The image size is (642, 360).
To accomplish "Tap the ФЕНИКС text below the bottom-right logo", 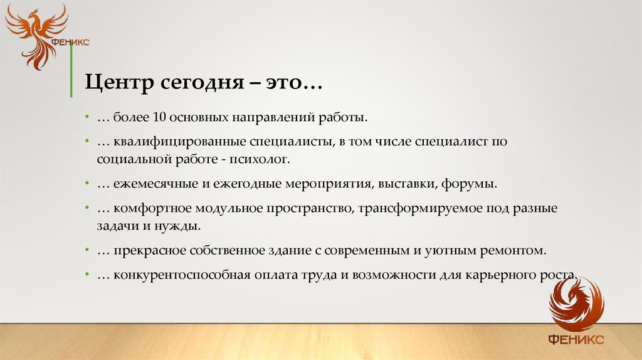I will [x=576, y=339].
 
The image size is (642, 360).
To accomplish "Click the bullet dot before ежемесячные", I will [x=87, y=185].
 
